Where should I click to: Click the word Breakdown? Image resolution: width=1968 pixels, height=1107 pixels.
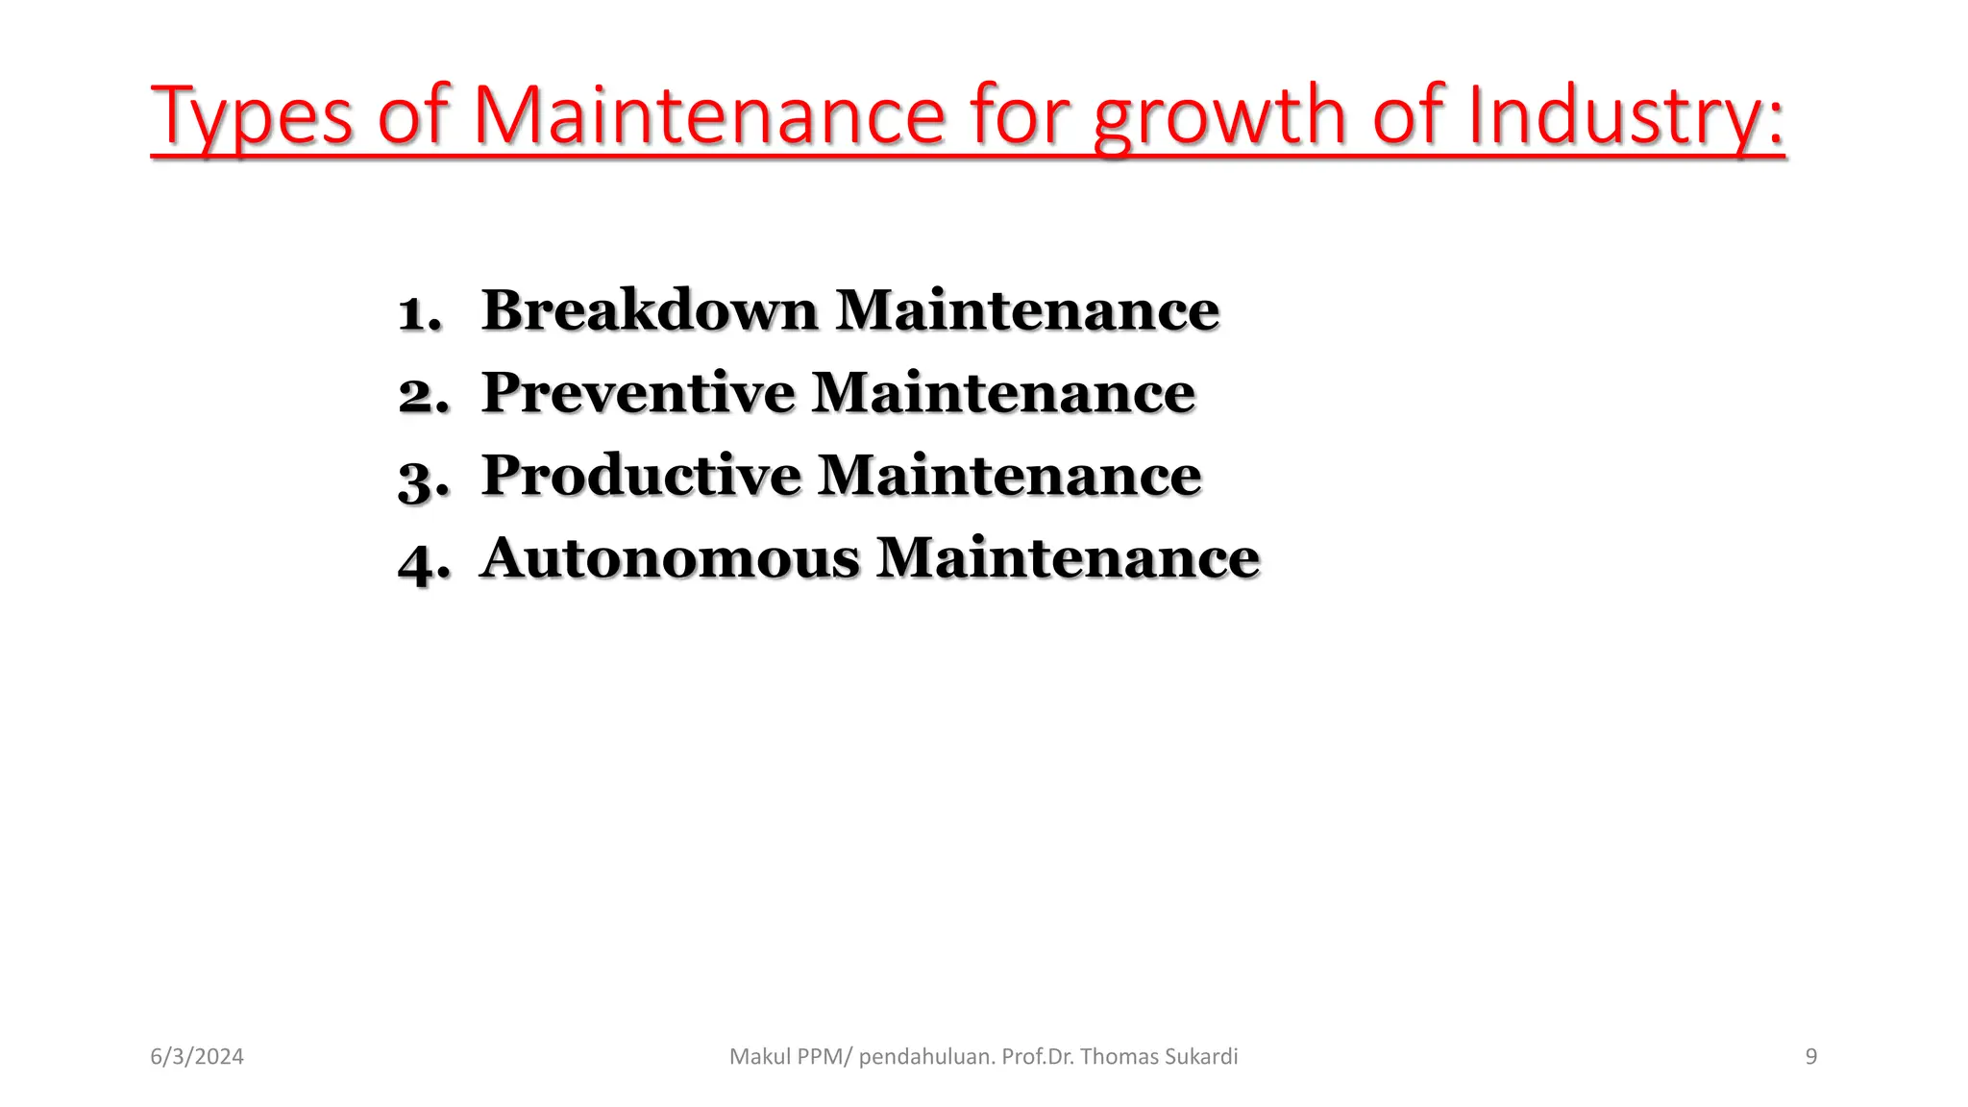pos(650,310)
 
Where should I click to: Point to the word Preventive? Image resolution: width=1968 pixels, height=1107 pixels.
pos(638,393)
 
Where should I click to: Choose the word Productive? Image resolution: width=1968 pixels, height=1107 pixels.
pos(641,476)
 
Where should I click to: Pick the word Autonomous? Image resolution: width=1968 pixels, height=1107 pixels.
pos(670,558)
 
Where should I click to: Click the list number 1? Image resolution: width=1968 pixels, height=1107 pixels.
pos(420,313)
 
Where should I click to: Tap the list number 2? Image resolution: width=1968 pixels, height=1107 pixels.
pos(423,395)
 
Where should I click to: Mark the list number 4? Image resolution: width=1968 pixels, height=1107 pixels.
pos(424,561)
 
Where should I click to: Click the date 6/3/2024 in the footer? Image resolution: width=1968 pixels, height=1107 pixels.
pos(197,1057)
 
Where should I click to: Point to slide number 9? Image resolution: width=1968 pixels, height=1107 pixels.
pos(1811,1057)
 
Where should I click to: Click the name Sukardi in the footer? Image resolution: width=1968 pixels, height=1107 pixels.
pos(1200,1057)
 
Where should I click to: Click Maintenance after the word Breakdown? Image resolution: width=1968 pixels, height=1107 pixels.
pos(1027,310)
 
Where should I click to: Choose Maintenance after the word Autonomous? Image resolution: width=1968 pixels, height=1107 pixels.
pos(1068,558)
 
